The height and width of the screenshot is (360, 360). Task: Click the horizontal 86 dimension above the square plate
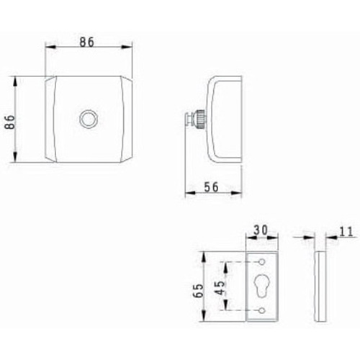coord(87,42)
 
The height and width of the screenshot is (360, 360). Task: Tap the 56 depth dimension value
coord(211,186)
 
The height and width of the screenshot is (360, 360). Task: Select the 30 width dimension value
coord(261,231)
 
